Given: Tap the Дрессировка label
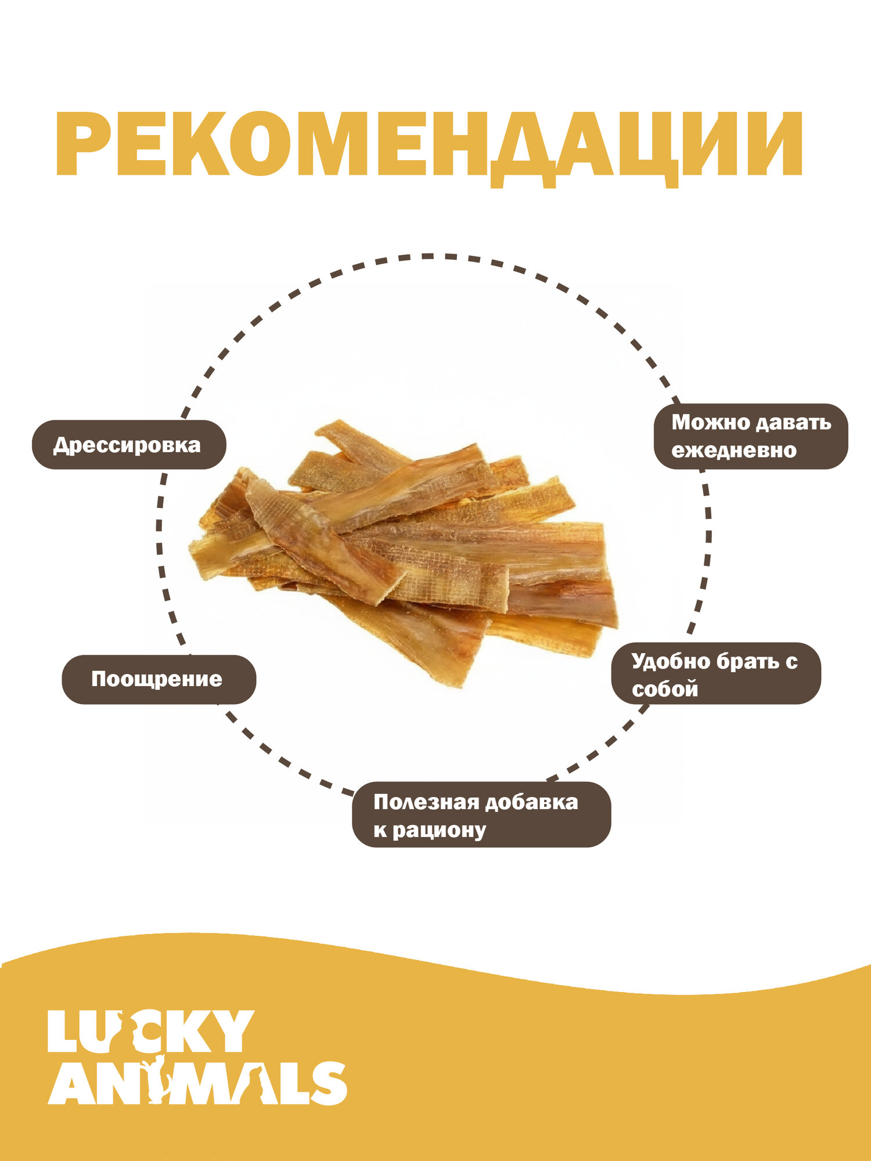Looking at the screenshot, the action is [x=128, y=445].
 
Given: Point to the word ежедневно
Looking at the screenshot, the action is [x=734, y=450].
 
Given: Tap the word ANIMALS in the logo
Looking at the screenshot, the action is [x=197, y=1084].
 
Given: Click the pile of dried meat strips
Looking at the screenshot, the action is [x=404, y=552].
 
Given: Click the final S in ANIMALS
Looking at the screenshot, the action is [x=327, y=1084].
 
